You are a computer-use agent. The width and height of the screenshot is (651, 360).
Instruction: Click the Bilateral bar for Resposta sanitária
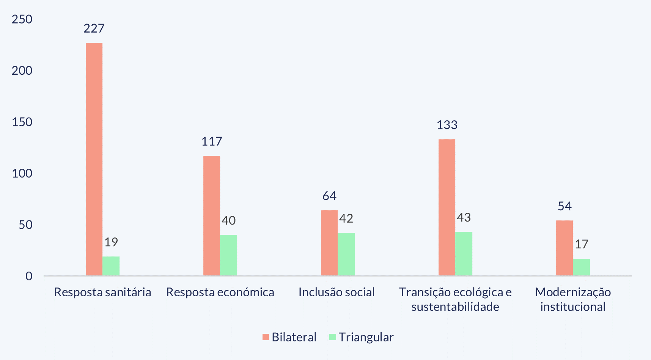click(x=94, y=159)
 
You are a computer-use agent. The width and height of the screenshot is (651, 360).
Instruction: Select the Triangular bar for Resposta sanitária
click(x=111, y=266)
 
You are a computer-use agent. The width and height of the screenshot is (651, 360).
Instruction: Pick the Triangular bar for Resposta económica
click(x=229, y=255)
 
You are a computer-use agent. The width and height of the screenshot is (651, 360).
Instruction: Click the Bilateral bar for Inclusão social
click(x=329, y=243)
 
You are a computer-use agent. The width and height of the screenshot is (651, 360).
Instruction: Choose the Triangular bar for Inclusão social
click(x=346, y=254)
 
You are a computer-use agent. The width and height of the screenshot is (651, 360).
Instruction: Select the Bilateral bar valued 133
click(x=447, y=207)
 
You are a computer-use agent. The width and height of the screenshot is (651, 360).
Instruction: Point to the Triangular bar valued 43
click(x=464, y=253)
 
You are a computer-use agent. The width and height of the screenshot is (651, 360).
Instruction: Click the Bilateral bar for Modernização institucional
click(x=565, y=248)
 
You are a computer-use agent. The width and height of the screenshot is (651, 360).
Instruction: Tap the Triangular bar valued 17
click(x=582, y=267)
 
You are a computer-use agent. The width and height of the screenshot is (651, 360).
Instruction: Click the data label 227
click(x=94, y=28)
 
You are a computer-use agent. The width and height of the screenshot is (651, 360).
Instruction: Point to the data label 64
click(x=329, y=196)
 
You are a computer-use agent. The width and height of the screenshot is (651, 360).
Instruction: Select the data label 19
click(x=111, y=242)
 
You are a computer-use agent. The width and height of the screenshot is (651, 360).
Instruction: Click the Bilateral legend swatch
click(x=266, y=337)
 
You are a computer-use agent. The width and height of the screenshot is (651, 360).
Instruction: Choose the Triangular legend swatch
click(x=333, y=337)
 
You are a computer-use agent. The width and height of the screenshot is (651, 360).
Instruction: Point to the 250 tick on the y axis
click(x=22, y=19)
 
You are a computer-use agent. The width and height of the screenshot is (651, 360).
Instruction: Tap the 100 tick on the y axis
click(x=22, y=173)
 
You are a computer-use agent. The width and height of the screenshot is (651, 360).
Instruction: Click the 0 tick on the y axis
click(x=29, y=276)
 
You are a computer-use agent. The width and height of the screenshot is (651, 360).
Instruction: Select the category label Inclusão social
click(x=337, y=292)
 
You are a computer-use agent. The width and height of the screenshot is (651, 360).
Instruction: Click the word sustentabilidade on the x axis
click(x=455, y=307)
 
